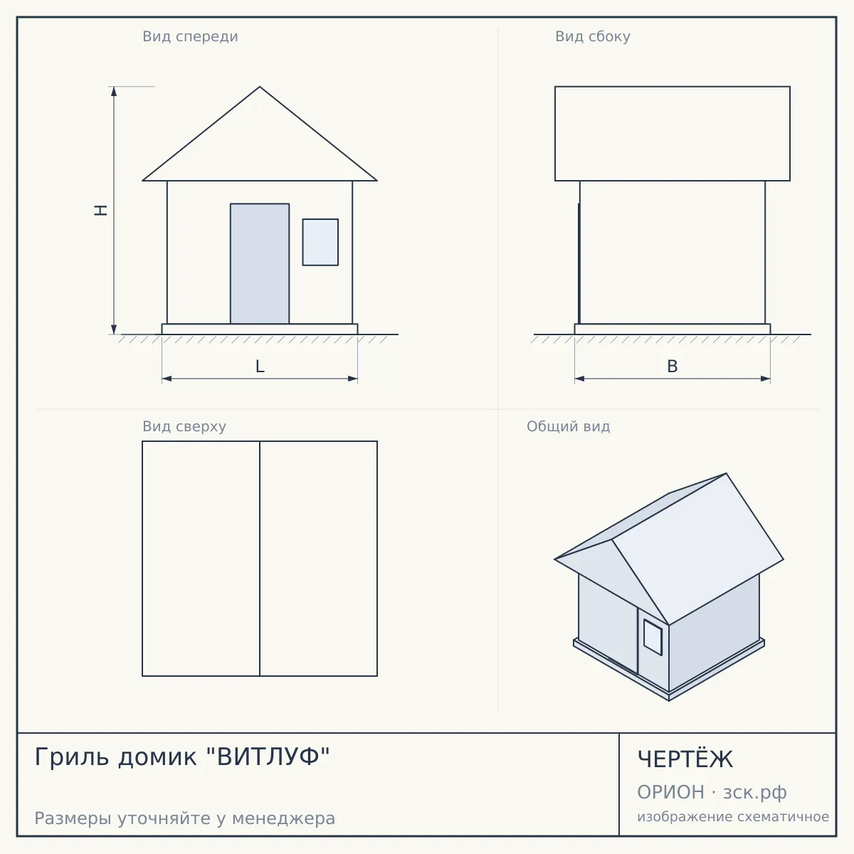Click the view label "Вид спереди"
coord(190,37)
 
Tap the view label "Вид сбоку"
coord(593,37)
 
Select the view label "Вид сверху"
coord(184,427)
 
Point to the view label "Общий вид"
coord(568,426)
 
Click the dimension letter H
coord(101,210)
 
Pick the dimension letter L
coord(260,367)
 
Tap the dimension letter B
coord(673,367)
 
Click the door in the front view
coord(260,264)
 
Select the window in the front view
coord(320,242)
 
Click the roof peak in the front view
coord(260,86)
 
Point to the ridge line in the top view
coord(260,559)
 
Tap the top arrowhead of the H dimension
coord(114,91)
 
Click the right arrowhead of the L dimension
coord(353,379)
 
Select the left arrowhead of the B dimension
coord(580,379)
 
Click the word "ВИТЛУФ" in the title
coord(268,757)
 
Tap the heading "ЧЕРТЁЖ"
coord(685,759)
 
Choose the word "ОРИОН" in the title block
coord(670,792)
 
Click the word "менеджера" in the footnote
coord(284,818)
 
